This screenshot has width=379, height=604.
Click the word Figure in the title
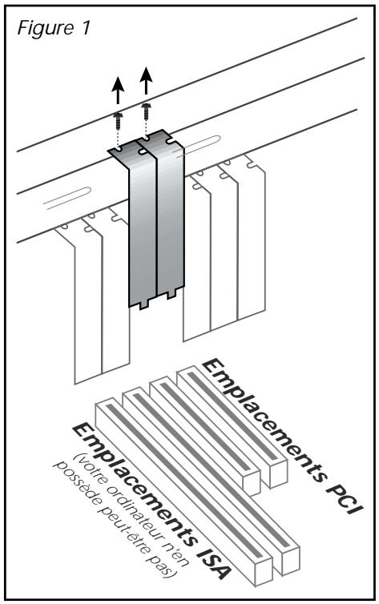click(46, 29)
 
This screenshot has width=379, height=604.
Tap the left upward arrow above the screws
click(118, 91)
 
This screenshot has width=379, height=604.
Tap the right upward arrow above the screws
click(146, 81)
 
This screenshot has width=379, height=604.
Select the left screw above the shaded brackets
click(119, 121)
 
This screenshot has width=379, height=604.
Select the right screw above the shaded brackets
click(146, 111)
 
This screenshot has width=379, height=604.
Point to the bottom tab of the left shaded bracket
click(144, 304)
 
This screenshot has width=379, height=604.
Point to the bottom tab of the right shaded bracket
click(171, 294)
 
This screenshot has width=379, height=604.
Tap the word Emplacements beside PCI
click(263, 419)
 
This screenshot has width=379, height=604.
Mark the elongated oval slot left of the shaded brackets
click(67, 198)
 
